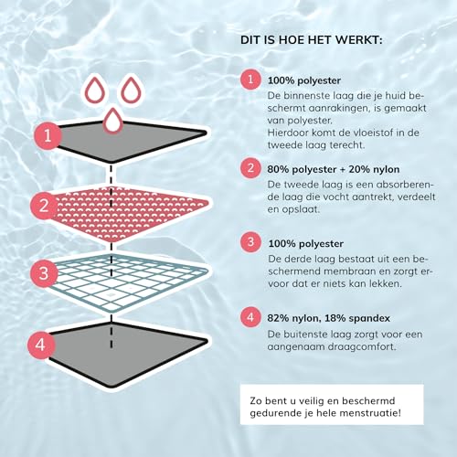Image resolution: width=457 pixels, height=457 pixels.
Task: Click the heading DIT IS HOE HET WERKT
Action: (x=312, y=40)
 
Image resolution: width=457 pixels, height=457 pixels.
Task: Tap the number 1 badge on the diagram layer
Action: (x=48, y=135)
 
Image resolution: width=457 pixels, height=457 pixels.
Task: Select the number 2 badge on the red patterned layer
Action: (x=44, y=206)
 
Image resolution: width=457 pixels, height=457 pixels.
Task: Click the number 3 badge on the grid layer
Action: (x=44, y=273)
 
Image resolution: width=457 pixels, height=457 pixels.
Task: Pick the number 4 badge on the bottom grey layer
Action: (x=40, y=345)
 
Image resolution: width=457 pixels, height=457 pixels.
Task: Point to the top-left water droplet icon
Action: (x=95, y=90)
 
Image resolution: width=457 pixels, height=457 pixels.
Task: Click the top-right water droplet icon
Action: (x=132, y=90)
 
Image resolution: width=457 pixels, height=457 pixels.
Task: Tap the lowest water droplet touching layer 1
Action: (x=113, y=120)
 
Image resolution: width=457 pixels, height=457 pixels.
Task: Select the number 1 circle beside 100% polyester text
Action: (x=250, y=80)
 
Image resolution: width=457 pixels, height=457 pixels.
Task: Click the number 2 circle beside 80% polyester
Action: (x=250, y=168)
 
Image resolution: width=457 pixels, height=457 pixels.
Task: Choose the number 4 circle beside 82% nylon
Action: (x=250, y=317)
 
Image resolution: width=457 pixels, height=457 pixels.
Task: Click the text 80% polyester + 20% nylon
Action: (x=334, y=169)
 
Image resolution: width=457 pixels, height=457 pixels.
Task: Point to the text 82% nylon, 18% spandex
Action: (x=329, y=318)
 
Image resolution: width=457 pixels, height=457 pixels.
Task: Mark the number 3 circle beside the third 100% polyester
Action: (x=250, y=242)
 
